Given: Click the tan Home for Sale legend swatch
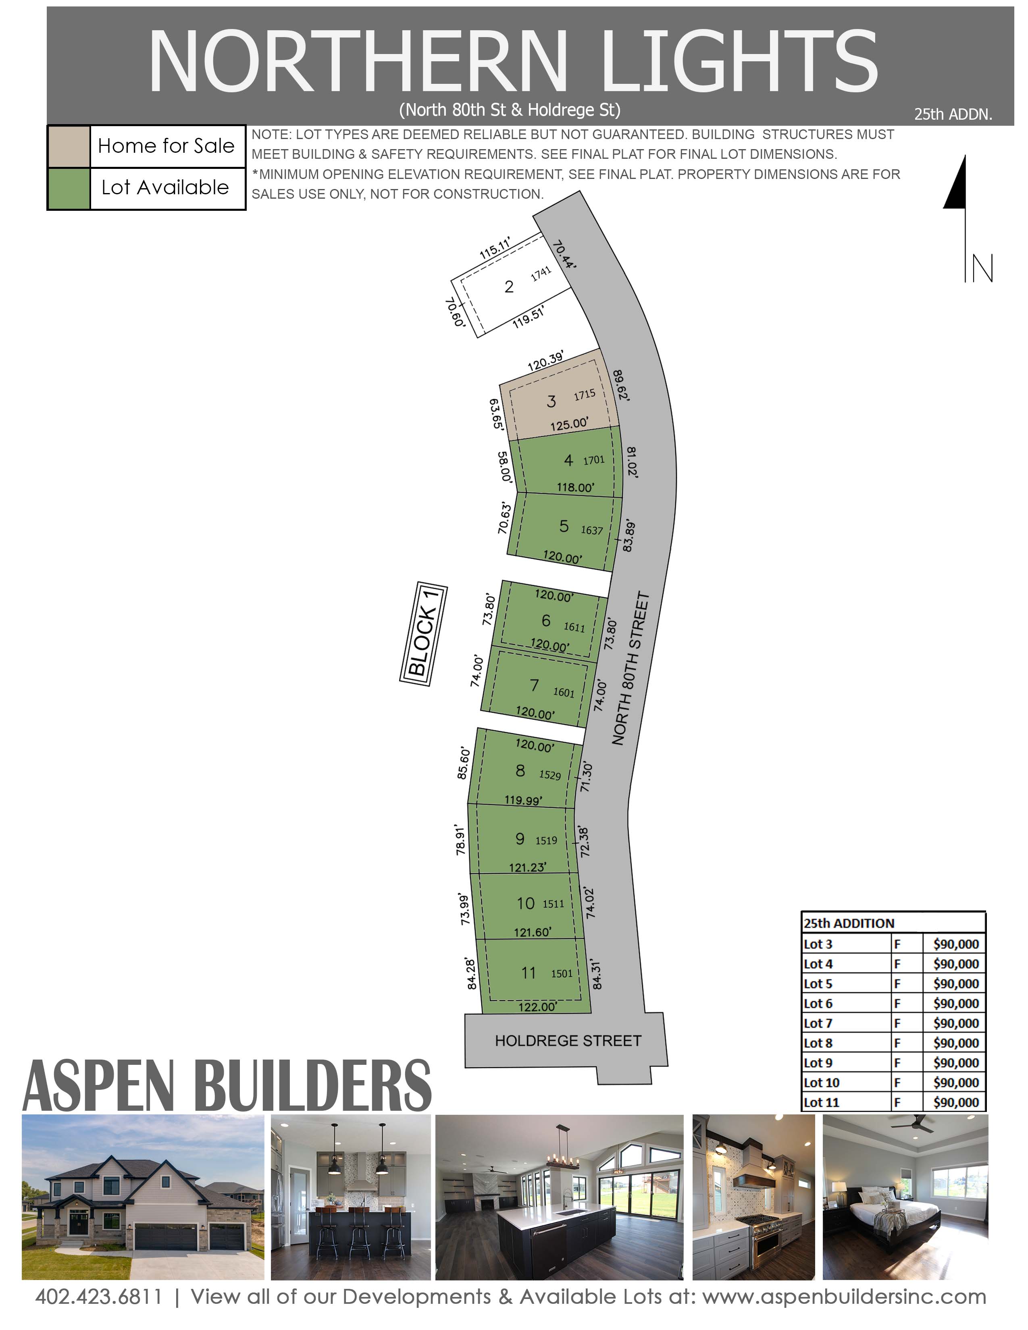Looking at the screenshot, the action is [x=69, y=147].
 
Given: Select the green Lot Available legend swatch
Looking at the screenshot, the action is [x=69, y=189].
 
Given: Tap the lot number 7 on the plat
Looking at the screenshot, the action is [x=534, y=686].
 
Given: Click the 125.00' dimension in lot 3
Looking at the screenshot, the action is [x=569, y=424].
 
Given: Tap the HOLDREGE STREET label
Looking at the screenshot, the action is [x=568, y=1041].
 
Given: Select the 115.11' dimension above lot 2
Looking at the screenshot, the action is [x=495, y=248].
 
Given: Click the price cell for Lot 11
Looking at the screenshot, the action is [x=955, y=1102].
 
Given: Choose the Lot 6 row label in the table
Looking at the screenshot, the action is [x=818, y=1004].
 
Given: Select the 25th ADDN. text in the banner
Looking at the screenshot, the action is [x=953, y=114].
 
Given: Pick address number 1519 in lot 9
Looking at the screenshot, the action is [x=546, y=840].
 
